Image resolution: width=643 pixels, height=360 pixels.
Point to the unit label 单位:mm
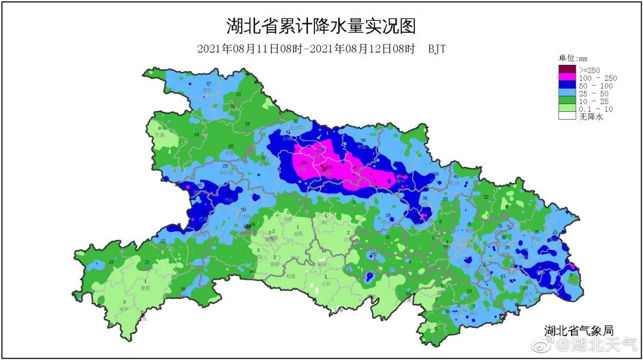[x=572, y=58]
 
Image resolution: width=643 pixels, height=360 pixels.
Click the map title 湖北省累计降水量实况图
[x=321, y=26]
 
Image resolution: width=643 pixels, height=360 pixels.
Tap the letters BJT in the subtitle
[x=436, y=49]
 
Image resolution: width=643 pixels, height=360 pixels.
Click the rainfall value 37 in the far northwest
[x=208, y=83]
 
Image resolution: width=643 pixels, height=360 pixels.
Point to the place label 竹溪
[x=159, y=136]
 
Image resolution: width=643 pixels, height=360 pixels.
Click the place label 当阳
[x=298, y=234]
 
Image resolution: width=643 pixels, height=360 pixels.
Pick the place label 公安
[x=326, y=284]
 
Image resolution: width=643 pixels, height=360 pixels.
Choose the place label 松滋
[x=290, y=276]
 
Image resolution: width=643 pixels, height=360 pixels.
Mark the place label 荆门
[x=326, y=221]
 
